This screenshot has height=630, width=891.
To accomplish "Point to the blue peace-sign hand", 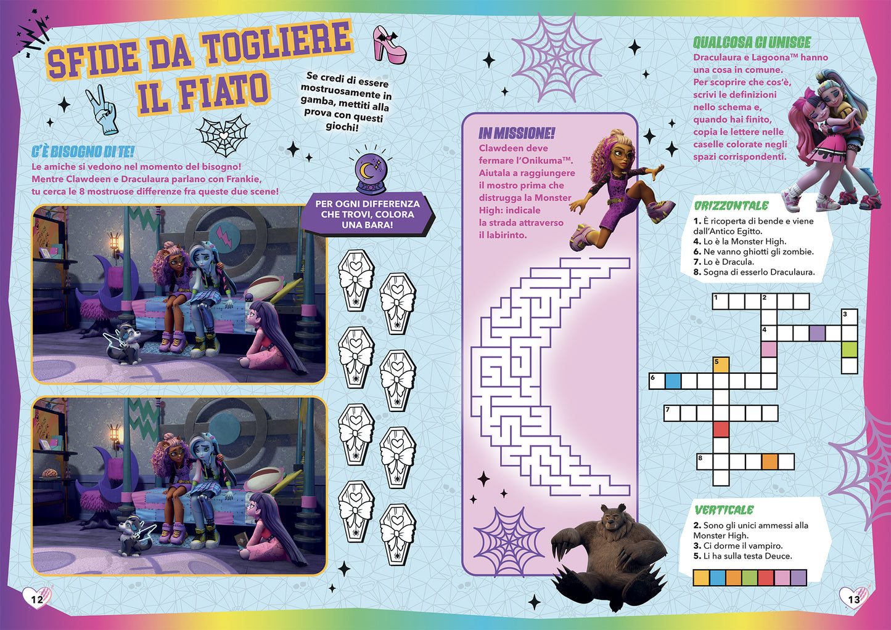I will (102, 110).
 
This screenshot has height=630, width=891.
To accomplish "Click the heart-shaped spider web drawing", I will (223, 134).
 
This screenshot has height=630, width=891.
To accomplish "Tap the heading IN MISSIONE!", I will (516, 133).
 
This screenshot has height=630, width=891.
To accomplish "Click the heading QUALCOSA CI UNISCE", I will (752, 42).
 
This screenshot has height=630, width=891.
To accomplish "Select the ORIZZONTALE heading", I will (731, 206).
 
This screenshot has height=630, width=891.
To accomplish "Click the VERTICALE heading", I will (724, 510).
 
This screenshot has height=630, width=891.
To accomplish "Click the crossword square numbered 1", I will (720, 301).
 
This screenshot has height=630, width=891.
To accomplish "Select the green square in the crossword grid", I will (849, 349).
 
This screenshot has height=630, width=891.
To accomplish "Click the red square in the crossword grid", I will (720, 429).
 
